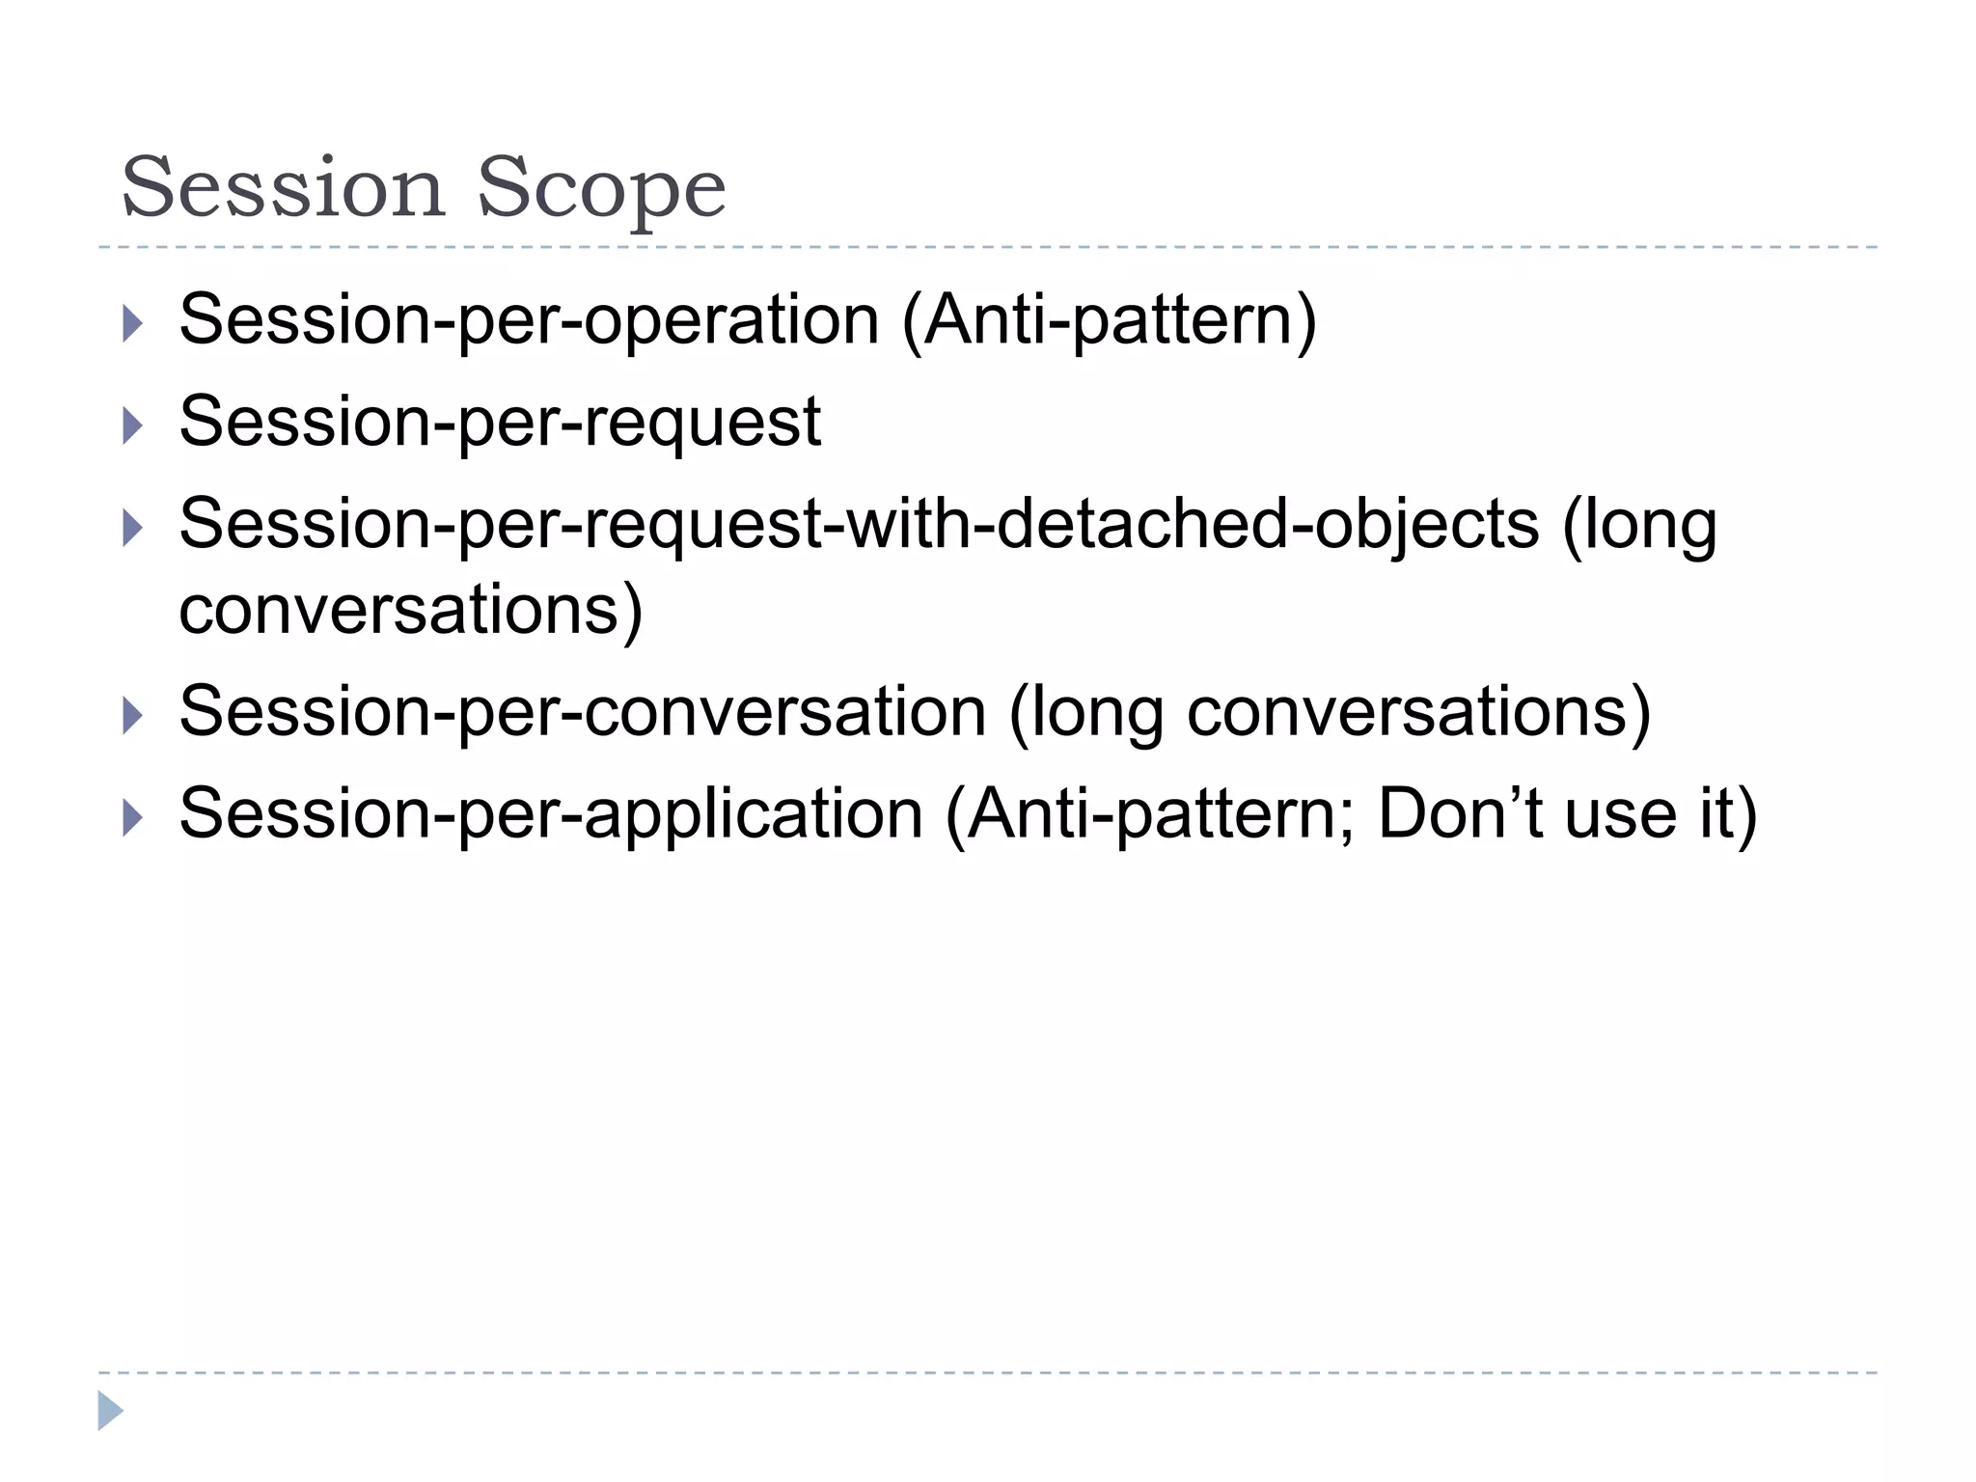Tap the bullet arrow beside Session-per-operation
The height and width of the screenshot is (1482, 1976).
133,323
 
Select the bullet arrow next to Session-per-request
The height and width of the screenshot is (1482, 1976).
133,425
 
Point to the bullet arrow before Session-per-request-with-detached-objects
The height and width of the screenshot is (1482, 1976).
133,528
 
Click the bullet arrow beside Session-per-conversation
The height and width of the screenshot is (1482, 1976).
133,715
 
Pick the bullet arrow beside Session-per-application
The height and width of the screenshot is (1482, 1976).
133,817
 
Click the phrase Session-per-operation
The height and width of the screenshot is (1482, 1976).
529,320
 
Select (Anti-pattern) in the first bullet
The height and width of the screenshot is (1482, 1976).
1109,320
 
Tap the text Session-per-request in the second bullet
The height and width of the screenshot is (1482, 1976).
500,423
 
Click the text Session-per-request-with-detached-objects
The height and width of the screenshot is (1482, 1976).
859,525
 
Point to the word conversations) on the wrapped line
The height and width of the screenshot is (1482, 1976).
411,610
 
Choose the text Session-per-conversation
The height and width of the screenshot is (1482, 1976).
583,712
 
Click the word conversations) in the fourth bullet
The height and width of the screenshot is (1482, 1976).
1418,712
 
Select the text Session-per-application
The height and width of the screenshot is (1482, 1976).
551,814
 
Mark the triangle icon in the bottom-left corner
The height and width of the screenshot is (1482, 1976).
110,1411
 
